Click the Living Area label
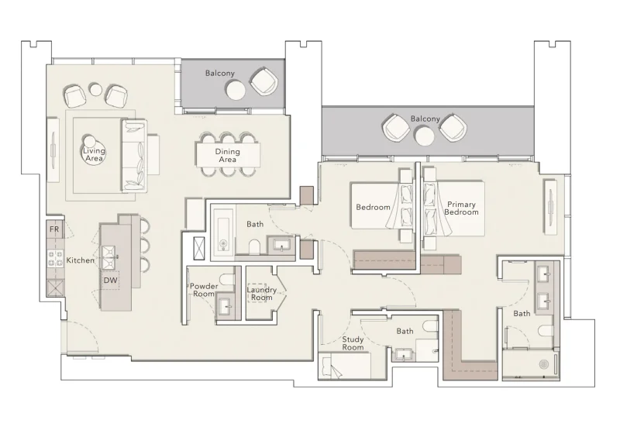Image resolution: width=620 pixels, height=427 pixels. click(94, 153)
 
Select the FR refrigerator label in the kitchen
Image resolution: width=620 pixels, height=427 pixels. click(54, 229)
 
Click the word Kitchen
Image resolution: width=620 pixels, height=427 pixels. click(80, 260)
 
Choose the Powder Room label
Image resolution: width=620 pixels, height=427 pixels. click(203, 291)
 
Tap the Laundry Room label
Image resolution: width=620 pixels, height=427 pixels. click(261, 293)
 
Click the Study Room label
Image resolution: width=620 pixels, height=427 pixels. click(353, 343)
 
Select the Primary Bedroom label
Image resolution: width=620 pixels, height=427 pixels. click(461, 208)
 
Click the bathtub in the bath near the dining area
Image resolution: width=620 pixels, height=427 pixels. click(223, 232)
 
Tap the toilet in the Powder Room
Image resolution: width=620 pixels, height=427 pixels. click(226, 280)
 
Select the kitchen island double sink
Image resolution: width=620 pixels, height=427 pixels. click(109, 251)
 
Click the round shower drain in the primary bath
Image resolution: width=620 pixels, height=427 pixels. click(543, 363)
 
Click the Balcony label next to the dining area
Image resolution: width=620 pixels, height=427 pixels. click(220, 73)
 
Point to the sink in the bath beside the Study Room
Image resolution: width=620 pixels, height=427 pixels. click(404, 355)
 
